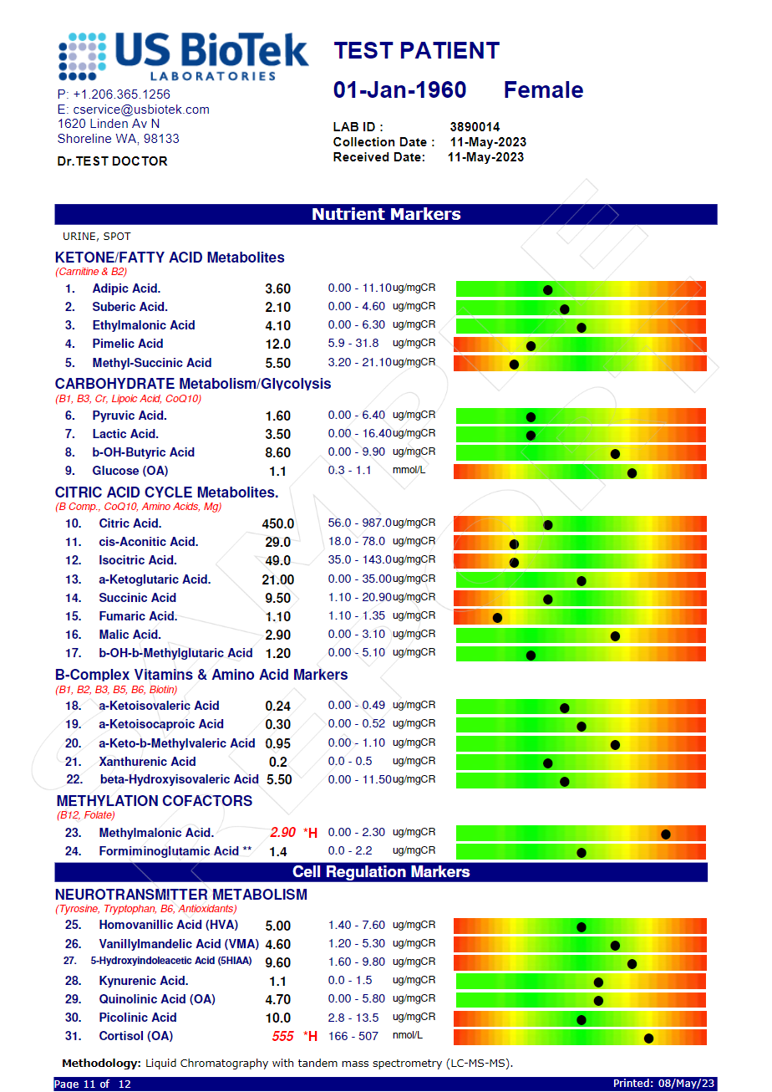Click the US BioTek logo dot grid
pyautogui.click(x=83, y=56)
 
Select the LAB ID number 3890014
pyautogui.click(x=475, y=127)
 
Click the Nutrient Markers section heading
pyautogui.click(x=386, y=214)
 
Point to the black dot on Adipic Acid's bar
pyautogui.click(x=548, y=290)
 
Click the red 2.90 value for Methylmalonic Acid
pyautogui.click(x=282, y=833)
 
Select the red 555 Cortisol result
pyautogui.click(x=283, y=1036)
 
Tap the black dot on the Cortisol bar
pyautogui.click(x=648, y=1038)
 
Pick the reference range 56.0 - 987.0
pyautogui.click(x=359, y=523)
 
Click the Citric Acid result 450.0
pyautogui.click(x=278, y=524)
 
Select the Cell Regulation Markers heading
pyautogui.click(x=381, y=872)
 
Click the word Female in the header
pyautogui.click(x=543, y=90)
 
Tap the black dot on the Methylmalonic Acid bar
pyautogui.click(x=666, y=834)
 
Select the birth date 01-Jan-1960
pyautogui.click(x=399, y=90)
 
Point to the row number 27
pyautogui.click(x=71, y=962)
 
